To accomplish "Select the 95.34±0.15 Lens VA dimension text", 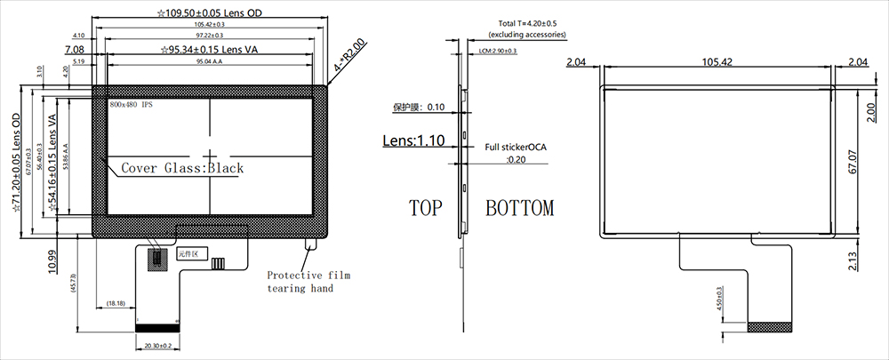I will [213, 50].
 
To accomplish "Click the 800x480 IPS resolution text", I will [132, 105].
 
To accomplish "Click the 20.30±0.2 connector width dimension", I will [156, 345].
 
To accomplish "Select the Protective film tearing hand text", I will [308, 282].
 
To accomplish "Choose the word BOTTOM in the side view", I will [519, 209].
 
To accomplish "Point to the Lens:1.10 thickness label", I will [413, 140].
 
